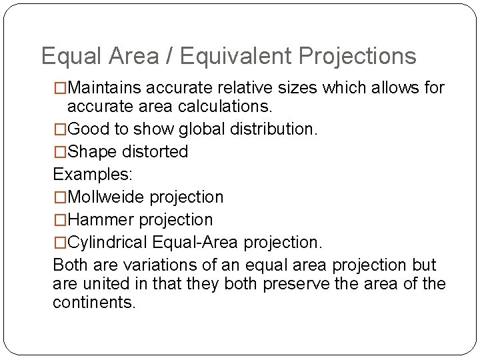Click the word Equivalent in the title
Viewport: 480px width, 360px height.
pos(235,57)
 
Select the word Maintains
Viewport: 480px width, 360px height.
pos(106,88)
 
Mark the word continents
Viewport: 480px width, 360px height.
pos(93,303)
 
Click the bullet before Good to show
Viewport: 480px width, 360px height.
pos(60,129)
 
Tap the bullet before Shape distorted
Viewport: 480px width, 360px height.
pos(60,152)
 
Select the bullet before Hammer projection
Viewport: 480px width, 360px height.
pos(60,220)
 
